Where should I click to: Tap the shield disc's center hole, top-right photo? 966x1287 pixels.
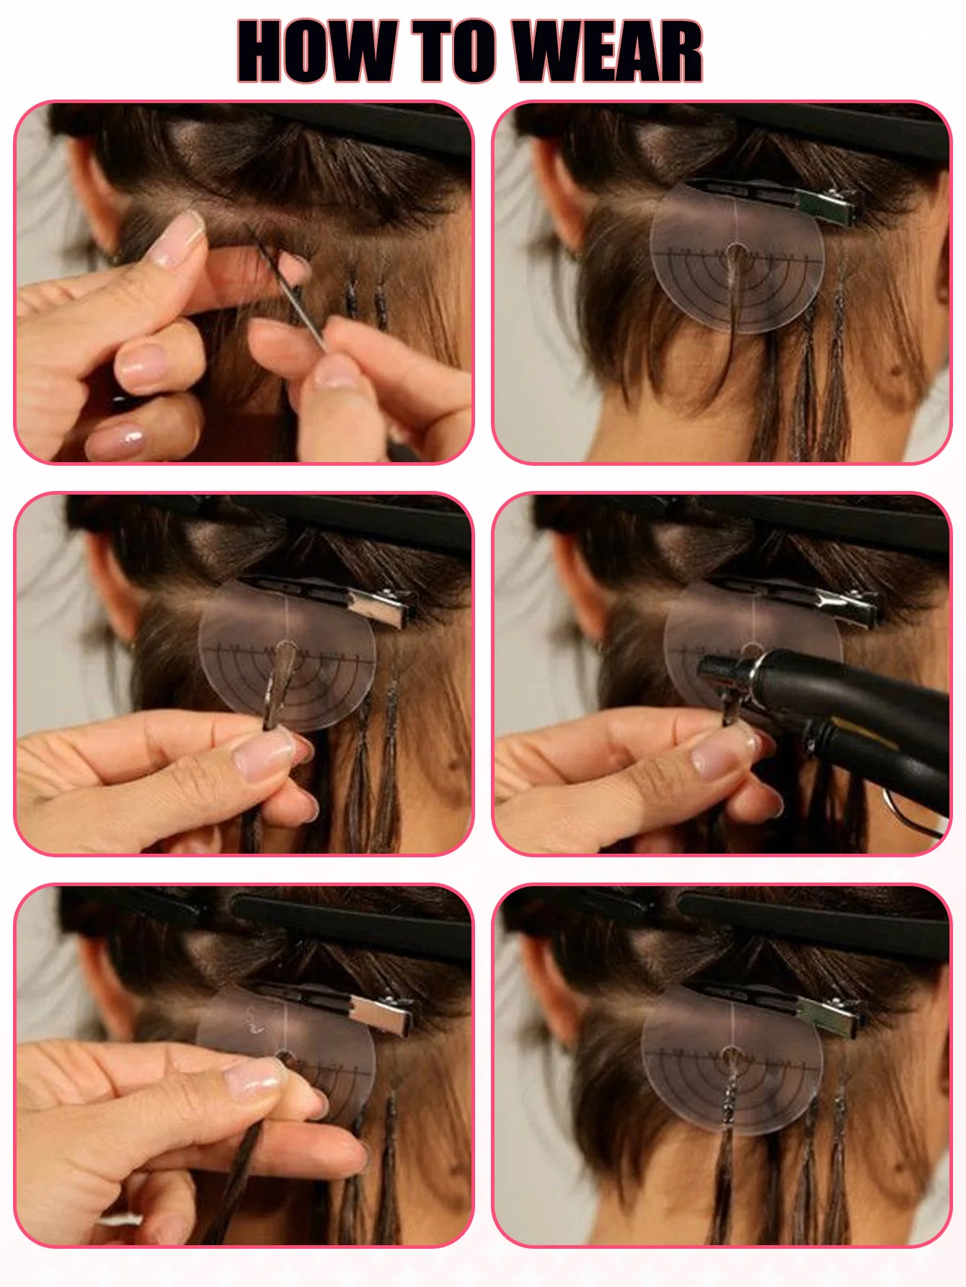point(736,253)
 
